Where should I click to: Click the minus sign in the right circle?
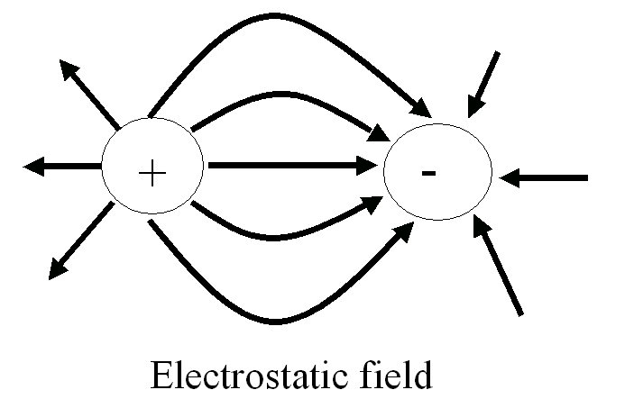coord(429,172)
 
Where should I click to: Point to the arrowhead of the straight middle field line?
coord(368,166)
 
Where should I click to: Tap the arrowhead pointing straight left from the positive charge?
coord(33,166)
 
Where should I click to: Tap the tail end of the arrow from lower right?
coord(521,314)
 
